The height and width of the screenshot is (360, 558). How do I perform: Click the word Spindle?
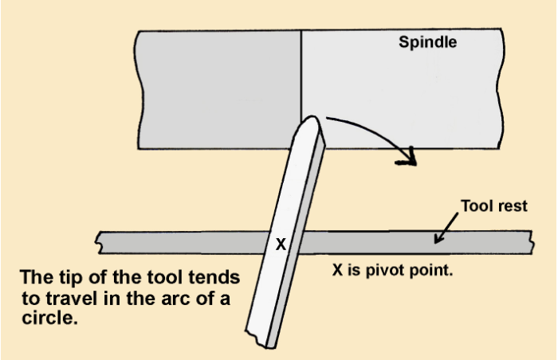click(428, 42)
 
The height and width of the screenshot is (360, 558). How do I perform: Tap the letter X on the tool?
click(281, 245)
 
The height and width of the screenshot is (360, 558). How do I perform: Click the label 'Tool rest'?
click(494, 206)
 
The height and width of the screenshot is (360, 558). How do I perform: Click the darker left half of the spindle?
click(218, 88)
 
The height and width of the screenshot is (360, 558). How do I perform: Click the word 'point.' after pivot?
click(434, 269)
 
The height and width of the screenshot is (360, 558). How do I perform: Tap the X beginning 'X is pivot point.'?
click(338, 269)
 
